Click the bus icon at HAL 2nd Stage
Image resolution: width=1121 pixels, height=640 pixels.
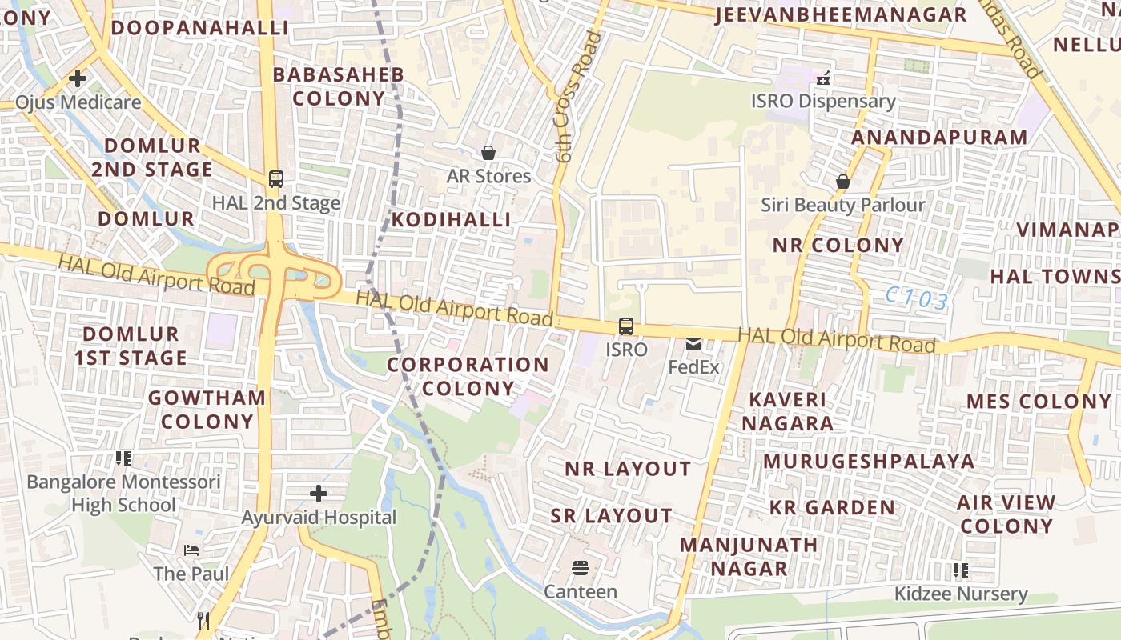276,179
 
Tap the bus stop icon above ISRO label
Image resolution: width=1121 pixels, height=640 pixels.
626,326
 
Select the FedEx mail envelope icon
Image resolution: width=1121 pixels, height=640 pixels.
693,344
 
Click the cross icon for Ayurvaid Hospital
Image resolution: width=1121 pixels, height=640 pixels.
319,493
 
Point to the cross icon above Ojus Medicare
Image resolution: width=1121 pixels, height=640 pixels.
78,78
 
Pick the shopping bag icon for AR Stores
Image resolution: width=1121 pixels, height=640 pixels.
488,152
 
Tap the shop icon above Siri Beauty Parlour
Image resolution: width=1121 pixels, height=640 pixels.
842,182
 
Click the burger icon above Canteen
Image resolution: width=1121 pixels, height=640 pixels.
581,568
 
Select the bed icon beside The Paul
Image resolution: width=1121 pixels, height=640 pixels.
191,550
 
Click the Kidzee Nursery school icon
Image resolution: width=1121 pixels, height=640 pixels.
960,570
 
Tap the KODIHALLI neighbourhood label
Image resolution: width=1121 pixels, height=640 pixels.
451,220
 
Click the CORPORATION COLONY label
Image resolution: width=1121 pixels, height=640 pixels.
468,377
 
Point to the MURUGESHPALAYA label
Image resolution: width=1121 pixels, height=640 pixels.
869,462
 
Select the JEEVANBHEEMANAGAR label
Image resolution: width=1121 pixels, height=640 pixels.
841,15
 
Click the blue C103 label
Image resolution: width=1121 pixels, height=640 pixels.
917,300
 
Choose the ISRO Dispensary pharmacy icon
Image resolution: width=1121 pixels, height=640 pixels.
822,78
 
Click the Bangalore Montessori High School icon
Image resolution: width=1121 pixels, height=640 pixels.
123,458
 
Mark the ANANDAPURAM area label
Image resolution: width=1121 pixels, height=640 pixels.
939,138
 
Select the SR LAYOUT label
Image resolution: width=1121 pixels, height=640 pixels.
611,516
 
